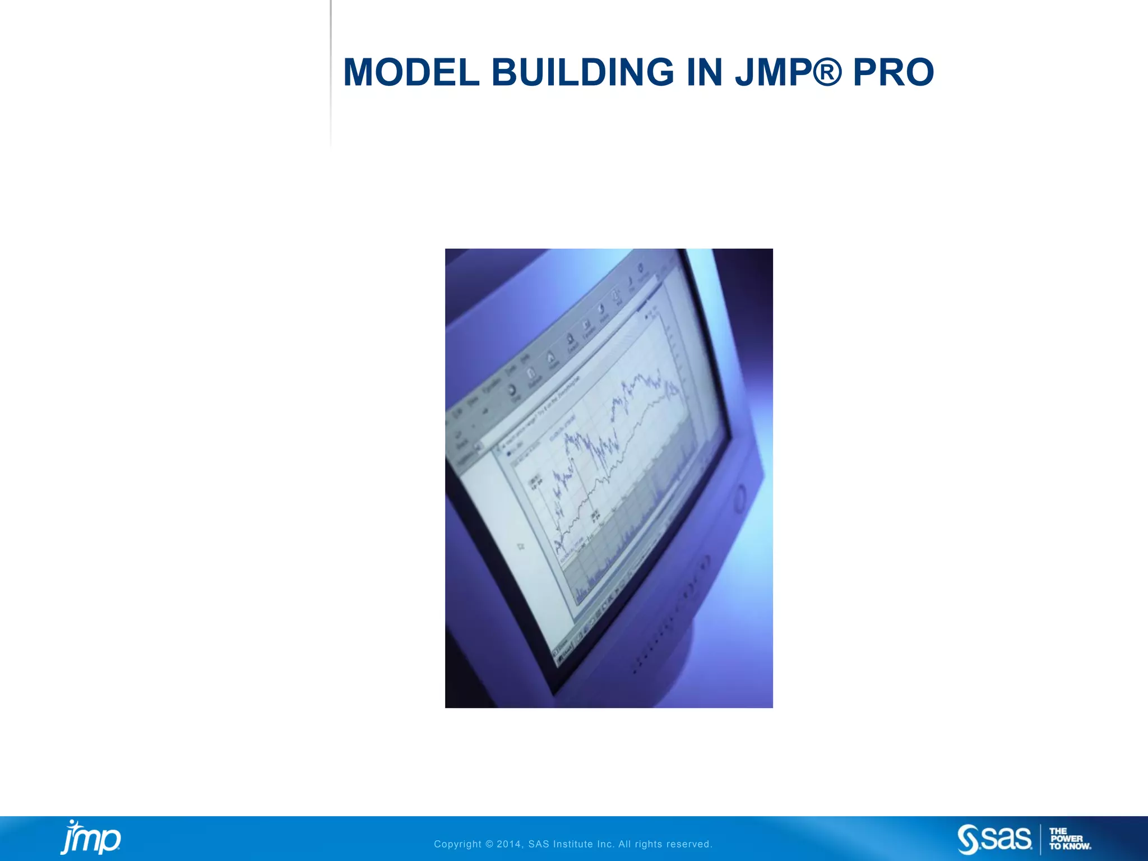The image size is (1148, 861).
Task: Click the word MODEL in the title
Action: [411, 73]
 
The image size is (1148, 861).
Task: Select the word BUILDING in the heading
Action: [583, 73]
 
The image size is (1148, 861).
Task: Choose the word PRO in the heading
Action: [893, 73]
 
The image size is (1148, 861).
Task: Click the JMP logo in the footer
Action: [90, 837]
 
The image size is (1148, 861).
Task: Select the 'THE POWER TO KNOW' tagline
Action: [1070, 839]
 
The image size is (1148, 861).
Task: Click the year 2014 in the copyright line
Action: [510, 844]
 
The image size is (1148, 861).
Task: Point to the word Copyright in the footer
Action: [457, 844]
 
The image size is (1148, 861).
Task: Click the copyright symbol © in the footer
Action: [489, 844]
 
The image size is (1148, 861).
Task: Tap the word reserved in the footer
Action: [689, 844]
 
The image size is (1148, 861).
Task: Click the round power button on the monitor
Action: [740, 498]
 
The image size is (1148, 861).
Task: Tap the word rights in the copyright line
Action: [649, 844]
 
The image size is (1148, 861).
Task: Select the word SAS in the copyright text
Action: [539, 844]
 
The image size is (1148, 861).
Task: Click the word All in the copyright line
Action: [624, 844]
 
